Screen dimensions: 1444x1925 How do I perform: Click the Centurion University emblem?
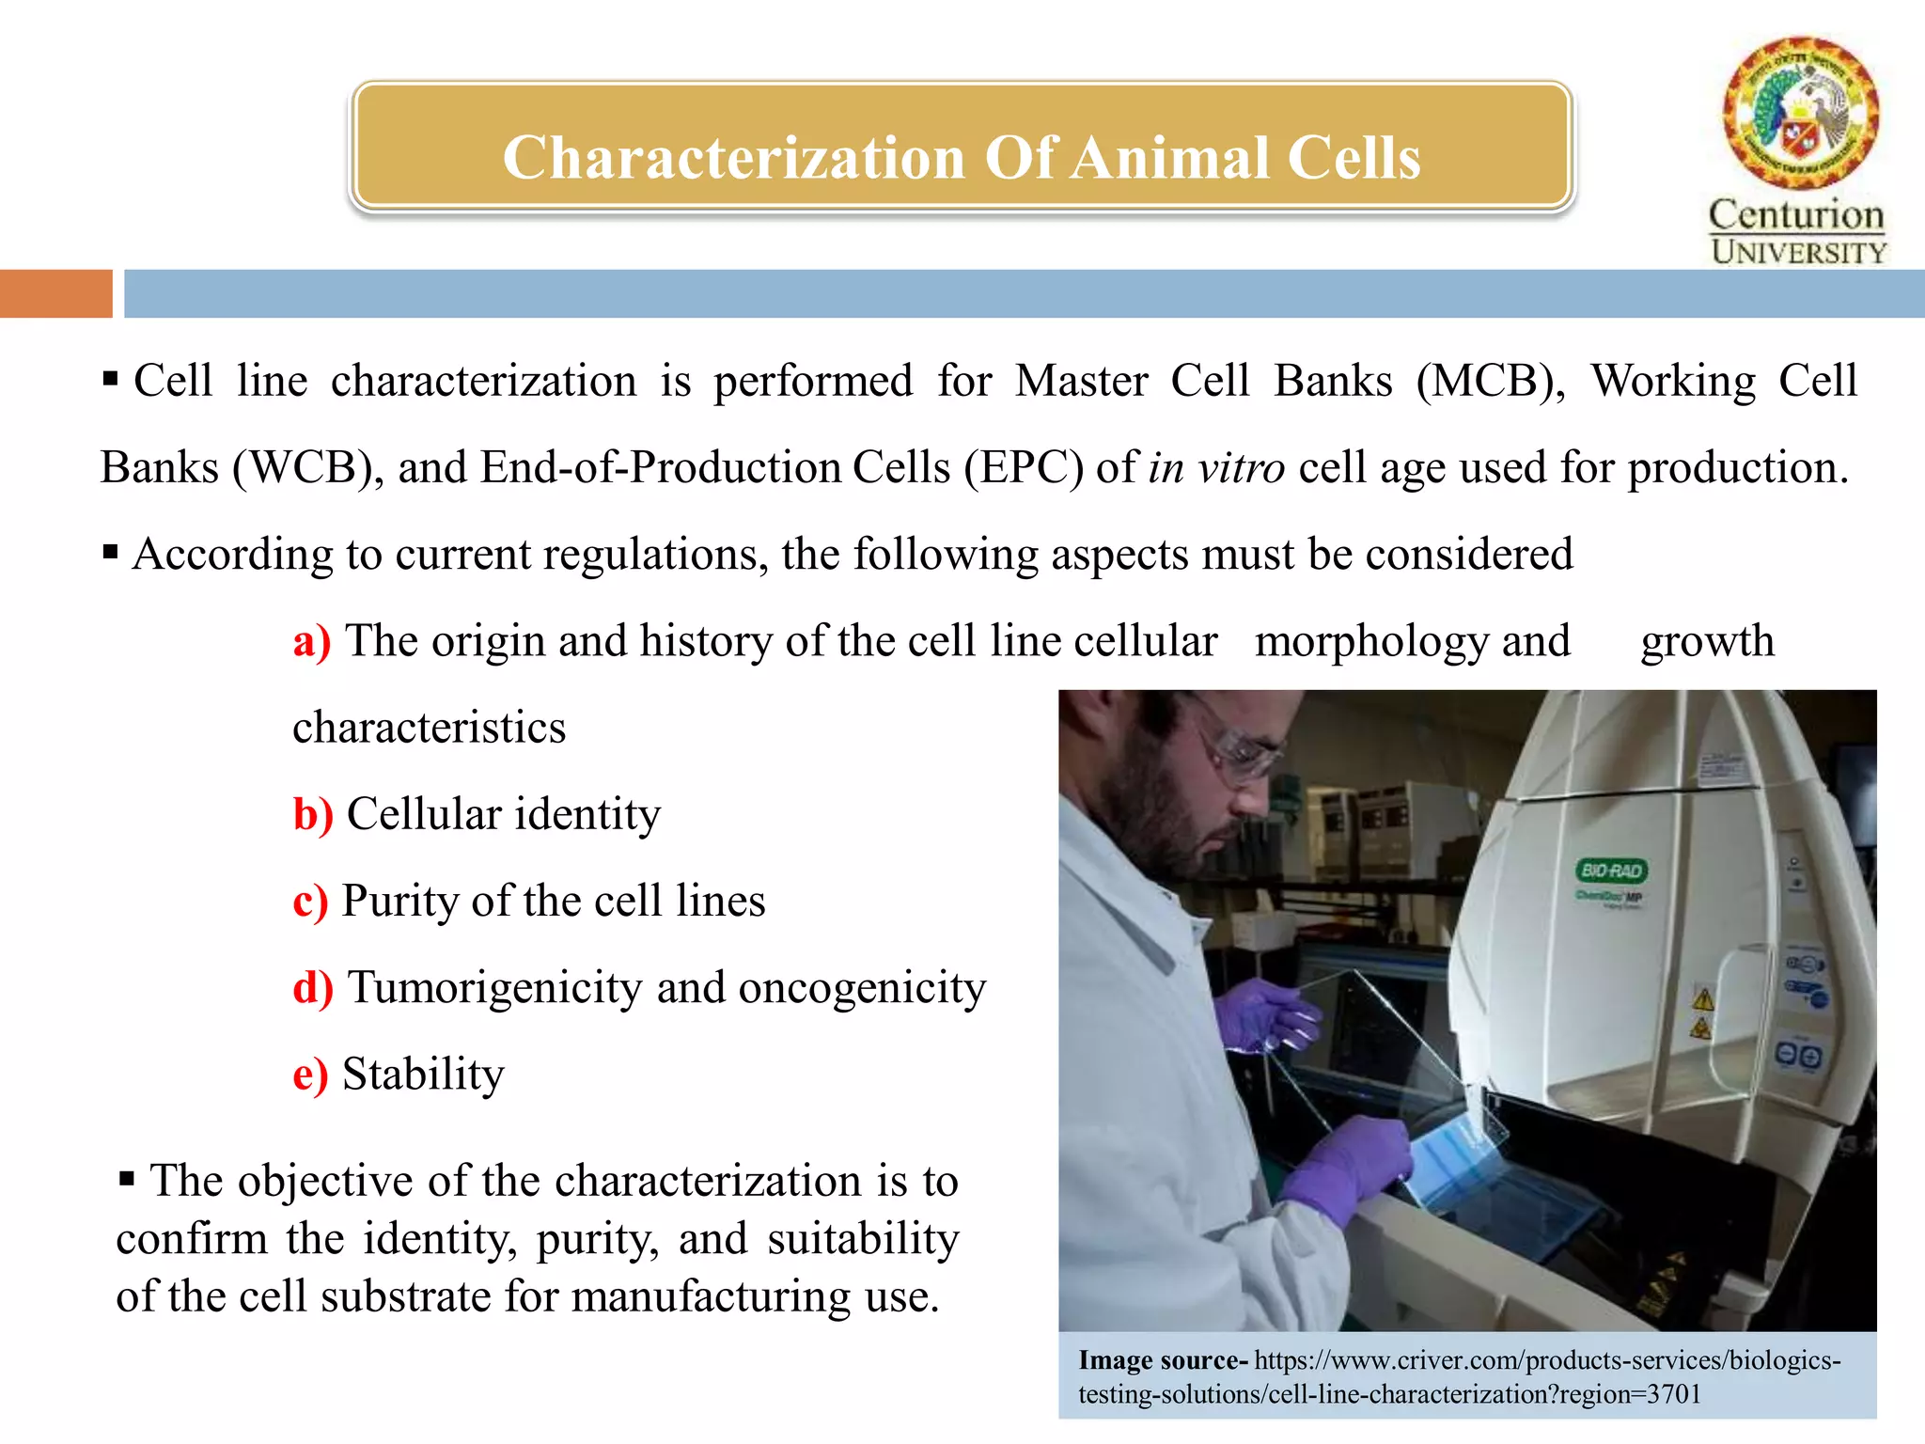coord(1800,112)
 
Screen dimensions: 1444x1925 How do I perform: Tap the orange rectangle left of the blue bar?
coord(55,293)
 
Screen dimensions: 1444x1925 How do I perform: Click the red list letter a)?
coord(311,642)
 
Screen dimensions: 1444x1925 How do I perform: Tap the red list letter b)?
coord(313,815)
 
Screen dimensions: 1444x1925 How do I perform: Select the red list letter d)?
coord(313,989)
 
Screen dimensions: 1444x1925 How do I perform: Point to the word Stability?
coord(423,1075)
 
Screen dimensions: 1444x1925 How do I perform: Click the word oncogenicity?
coord(862,989)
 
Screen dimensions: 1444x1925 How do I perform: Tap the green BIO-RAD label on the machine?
coord(1611,871)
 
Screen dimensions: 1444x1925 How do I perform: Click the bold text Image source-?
coord(1163,1360)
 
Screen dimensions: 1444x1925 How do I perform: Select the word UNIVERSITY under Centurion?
coord(1798,252)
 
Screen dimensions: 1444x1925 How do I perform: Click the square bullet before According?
coord(111,552)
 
